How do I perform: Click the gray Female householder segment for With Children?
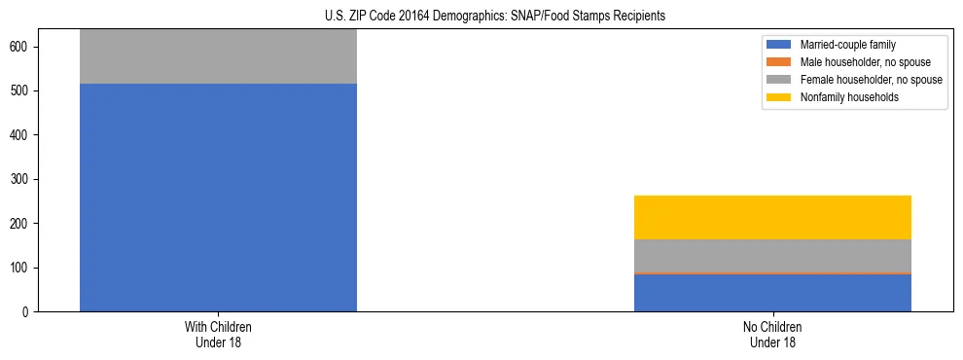pyautogui.click(x=218, y=56)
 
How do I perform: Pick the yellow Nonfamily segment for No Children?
pyautogui.click(x=772, y=217)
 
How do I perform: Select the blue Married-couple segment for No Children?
pyautogui.click(x=772, y=294)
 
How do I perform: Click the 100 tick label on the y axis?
pyautogui.click(x=26, y=268)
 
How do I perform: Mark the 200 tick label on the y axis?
pyautogui.click(x=26, y=224)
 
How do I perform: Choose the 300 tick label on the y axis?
pyautogui.click(x=26, y=180)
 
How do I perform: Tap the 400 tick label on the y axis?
pyautogui.click(x=26, y=135)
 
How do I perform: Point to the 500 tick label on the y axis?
pyautogui.click(x=26, y=91)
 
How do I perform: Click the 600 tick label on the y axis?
pyautogui.click(x=26, y=48)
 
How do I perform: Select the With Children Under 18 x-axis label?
pyautogui.click(x=218, y=335)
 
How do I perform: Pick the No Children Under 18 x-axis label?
pyautogui.click(x=772, y=335)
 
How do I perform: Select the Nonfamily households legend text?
pyautogui.click(x=843, y=97)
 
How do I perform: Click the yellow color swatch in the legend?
pyautogui.click(x=779, y=97)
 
